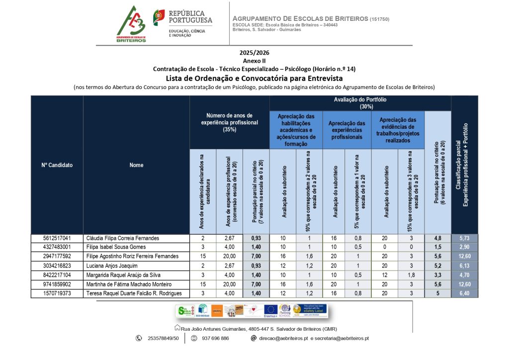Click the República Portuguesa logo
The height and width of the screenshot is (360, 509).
[x=182, y=23]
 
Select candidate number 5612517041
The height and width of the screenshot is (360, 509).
[x=57, y=238]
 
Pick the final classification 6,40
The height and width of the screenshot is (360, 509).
[x=464, y=293]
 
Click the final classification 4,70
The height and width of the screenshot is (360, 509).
[x=464, y=275]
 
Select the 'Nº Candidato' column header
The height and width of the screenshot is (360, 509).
[x=57, y=165]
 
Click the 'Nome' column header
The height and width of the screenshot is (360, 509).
[x=136, y=165]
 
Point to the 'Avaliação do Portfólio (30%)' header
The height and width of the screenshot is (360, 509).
[x=360, y=103]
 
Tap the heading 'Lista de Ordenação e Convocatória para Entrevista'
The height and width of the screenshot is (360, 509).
[x=254, y=78]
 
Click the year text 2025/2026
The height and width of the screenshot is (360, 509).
[x=254, y=53]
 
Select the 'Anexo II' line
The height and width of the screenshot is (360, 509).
[x=254, y=61]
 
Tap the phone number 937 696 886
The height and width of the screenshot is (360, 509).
[x=215, y=338]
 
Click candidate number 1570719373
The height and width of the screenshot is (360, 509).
[x=57, y=293]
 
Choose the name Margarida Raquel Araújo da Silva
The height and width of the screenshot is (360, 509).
[x=124, y=275]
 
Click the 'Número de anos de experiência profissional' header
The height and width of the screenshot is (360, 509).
[x=229, y=122]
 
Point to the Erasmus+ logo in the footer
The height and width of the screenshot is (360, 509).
[x=270, y=311]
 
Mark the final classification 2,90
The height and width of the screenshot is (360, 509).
[x=464, y=247]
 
